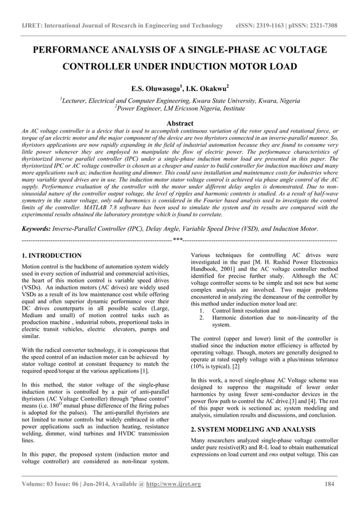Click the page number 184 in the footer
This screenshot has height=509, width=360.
(x=330, y=484)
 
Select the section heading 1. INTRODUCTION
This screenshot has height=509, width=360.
(x=50, y=255)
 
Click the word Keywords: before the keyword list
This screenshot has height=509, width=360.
(x=36, y=229)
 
